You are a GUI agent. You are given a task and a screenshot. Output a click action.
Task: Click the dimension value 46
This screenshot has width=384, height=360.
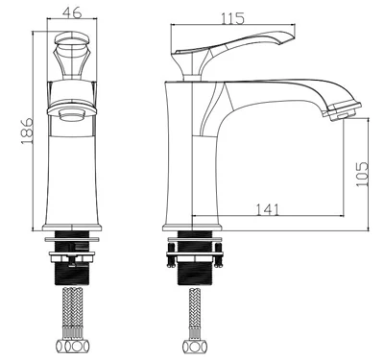72,12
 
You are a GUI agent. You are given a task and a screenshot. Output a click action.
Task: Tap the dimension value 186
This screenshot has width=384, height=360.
27,131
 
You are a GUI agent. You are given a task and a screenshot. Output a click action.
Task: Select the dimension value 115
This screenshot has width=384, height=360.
232,18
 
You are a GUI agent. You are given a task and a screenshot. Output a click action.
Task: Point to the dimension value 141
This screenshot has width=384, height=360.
267,209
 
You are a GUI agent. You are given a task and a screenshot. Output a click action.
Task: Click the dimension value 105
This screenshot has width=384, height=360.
362,175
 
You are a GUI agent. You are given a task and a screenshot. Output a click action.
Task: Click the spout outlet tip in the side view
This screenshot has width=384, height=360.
343,111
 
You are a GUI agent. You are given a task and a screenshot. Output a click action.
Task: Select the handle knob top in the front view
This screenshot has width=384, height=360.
72,38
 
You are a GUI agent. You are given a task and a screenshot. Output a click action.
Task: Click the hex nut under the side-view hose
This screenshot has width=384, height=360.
195,347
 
